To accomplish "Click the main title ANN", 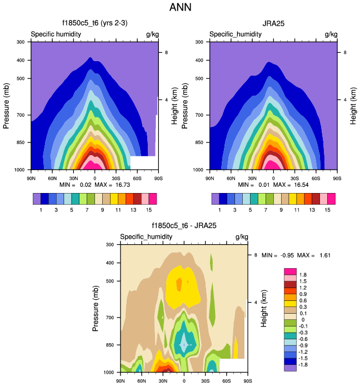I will pos(180,8).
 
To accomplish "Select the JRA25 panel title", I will pos(273,24).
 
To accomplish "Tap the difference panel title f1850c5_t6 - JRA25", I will pos(184,226).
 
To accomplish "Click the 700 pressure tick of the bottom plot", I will pos(111,318).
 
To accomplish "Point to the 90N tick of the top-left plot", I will pos(31,178).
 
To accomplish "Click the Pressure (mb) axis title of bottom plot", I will pos(96,308).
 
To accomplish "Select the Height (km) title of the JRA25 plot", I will pos(353,105).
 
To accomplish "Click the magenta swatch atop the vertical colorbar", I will pos(290,271).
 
